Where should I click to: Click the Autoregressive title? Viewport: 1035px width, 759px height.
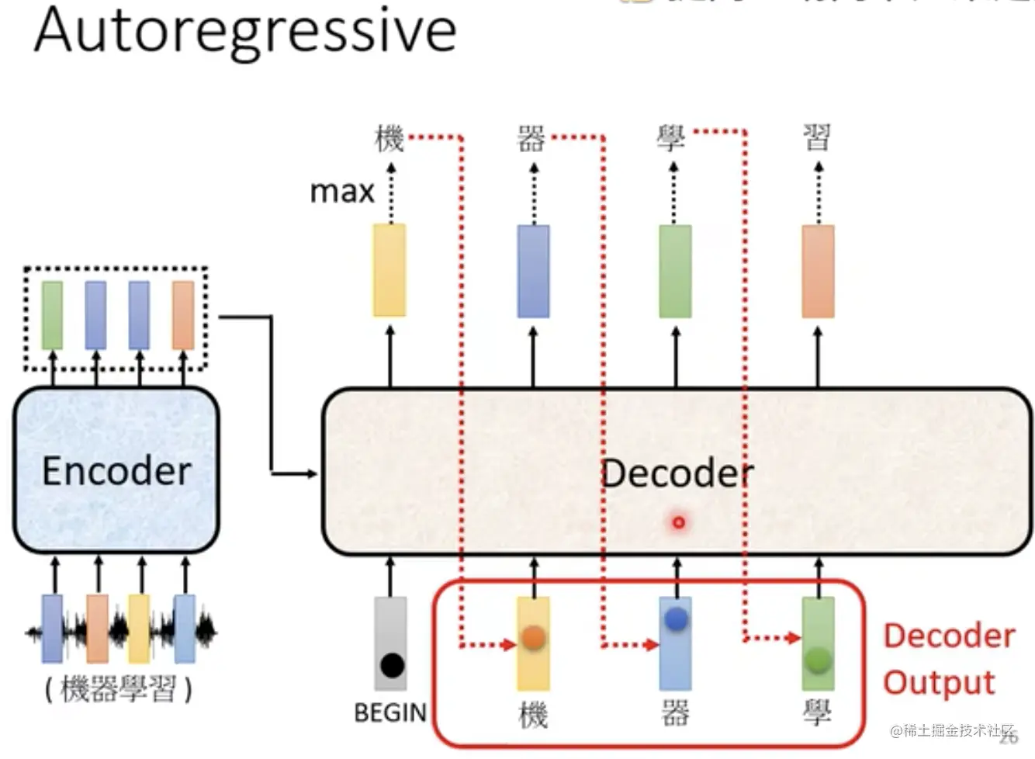(245, 31)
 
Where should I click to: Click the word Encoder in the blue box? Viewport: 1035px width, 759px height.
(116, 471)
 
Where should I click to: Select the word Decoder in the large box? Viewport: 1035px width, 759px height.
(677, 473)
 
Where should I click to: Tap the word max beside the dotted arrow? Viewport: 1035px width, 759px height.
(342, 191)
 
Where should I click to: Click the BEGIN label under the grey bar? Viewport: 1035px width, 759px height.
(390, 712)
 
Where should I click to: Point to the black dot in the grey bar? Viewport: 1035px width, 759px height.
(392, 665)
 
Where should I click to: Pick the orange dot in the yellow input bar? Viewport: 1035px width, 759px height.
(533, 638)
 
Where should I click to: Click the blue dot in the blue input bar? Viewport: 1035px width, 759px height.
(676, 619)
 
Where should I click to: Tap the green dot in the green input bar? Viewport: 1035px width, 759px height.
(818, 660)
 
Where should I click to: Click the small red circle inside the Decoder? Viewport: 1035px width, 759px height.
(679, 522)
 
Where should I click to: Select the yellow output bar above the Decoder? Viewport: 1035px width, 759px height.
(389, 270)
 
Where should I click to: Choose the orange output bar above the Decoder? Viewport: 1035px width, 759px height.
(818, 270)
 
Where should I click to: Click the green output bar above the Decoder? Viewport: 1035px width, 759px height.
(675, 270)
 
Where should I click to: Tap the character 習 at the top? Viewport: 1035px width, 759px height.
(816, 138)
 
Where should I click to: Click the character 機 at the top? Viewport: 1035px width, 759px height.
(389, 139)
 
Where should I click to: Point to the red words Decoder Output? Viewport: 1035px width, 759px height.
(948, 659)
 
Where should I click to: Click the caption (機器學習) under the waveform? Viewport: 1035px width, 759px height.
(118, 688)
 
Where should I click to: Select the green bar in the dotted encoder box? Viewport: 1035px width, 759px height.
(52, 315)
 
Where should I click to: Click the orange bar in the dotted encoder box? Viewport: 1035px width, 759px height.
(183, 315)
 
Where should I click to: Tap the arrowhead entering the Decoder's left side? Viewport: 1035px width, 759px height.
(313, 473)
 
